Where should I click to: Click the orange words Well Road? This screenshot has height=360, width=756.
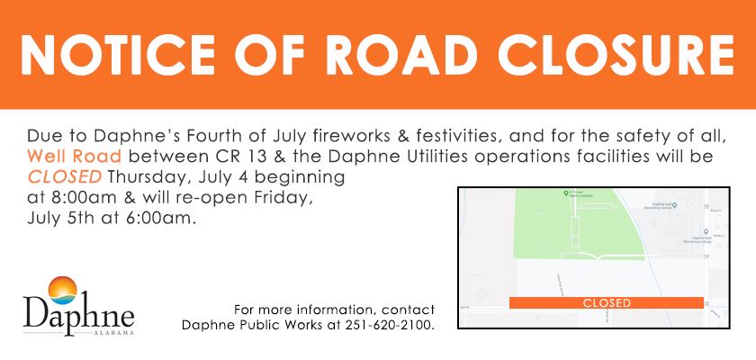click(x=68, y=157)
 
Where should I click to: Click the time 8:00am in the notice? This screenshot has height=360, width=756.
click(x=77, y=198)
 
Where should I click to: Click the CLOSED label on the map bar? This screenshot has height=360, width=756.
click(x=607, y=303)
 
